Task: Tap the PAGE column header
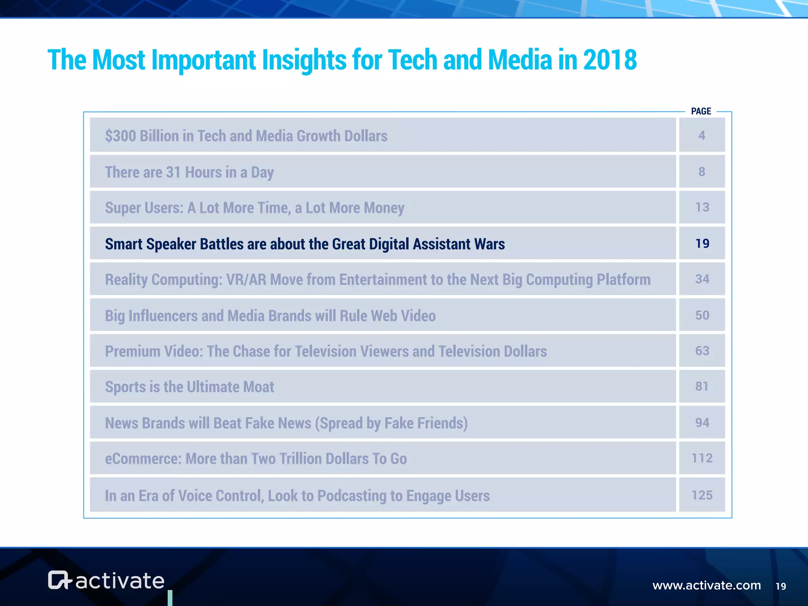pos(701,111)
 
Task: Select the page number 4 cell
pos(701,135)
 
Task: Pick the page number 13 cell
pos(702,207)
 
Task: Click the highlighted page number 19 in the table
pos(702,243)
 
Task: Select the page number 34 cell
pos(702,279)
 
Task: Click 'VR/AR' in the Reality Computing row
pos(246,280)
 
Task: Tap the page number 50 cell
pos(702,315)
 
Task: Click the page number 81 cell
pos(702,386)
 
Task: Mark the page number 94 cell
pos(702,423)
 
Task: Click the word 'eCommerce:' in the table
pos(143,459)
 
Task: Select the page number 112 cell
pos(702,458)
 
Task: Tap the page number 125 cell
pos(702,495)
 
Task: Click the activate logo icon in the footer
pos(59,580)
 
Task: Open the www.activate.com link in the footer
pos(707,585)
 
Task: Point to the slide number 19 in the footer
pos(781,586)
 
